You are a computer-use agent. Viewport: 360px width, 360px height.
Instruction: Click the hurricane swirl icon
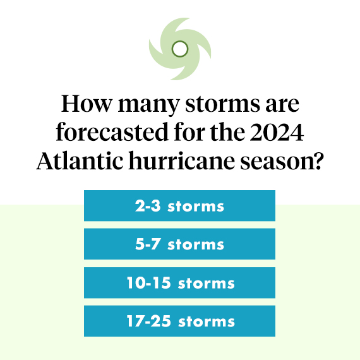(180, 49)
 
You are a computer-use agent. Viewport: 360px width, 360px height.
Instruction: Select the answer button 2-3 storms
(179, 206)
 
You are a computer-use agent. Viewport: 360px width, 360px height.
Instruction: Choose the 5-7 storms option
(179, 244)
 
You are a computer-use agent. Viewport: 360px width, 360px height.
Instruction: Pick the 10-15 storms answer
(179, 282)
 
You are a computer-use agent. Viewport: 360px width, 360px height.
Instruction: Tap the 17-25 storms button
(179, 321)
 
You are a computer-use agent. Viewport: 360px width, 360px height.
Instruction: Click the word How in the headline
(87, 104)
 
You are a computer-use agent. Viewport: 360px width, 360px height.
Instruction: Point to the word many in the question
(148, 106)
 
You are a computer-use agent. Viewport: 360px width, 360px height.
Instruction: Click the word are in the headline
(282, 105)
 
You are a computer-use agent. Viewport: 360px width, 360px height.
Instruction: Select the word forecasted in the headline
(112, 131)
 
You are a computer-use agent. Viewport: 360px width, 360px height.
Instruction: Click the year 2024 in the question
(277, 133)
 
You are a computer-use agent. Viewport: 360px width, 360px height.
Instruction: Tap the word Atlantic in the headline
(80, 160)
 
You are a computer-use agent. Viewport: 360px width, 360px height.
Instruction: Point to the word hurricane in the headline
(182, 160)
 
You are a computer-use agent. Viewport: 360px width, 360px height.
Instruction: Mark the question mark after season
(316, 160)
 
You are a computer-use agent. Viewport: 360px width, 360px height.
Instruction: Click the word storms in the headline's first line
(222, 105)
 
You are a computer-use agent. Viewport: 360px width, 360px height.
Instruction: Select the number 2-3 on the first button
(148, 205)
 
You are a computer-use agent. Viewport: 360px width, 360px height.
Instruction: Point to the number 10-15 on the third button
(149, 282)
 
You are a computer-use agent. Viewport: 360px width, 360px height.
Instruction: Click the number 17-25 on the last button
(149, 321)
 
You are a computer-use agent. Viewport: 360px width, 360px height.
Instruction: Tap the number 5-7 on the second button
(148, 244)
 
